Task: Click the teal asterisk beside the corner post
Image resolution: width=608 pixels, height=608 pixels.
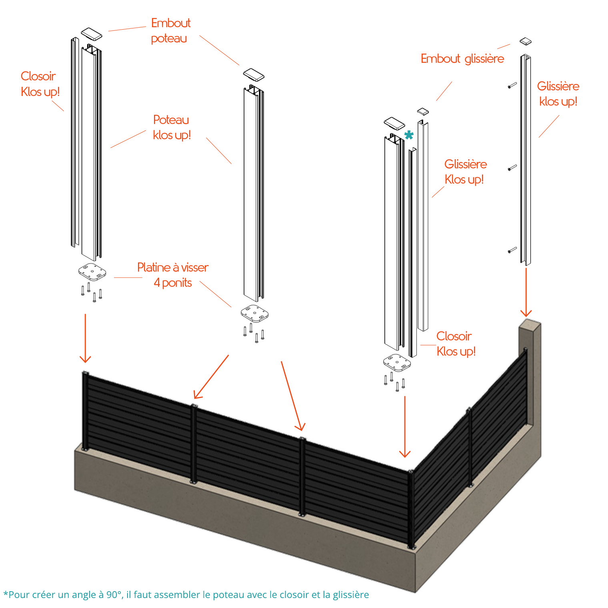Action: [408, 135]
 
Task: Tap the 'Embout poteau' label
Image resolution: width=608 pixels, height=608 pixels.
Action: [170, 30]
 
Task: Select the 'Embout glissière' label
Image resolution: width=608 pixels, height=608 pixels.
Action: [462, 59]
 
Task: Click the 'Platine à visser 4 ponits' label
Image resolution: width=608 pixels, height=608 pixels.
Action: [173, 275]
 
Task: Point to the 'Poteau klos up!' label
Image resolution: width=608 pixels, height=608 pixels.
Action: [172, 127]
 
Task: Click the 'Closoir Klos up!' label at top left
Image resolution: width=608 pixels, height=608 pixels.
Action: [40, 84]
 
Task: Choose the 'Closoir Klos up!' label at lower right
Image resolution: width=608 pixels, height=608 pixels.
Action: [456, 344]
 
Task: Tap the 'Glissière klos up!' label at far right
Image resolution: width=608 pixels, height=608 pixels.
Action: [558, 94]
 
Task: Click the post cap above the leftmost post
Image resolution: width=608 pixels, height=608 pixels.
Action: [92, 34]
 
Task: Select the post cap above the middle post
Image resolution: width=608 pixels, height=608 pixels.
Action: [254, 75]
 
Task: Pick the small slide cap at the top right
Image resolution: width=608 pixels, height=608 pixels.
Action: [525, 41]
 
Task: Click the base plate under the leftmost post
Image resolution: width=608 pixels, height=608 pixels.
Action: [92, 272]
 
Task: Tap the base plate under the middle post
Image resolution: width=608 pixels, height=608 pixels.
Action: [254, 313]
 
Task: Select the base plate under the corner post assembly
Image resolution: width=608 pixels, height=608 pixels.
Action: [397, 362]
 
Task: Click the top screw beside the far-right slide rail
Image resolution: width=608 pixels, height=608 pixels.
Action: [512, 85]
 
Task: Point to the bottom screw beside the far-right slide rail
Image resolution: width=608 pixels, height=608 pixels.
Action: [512, 250]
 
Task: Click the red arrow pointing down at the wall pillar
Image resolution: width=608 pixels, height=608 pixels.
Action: [526, 292]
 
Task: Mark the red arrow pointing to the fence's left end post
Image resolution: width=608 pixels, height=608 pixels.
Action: [85, 338]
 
